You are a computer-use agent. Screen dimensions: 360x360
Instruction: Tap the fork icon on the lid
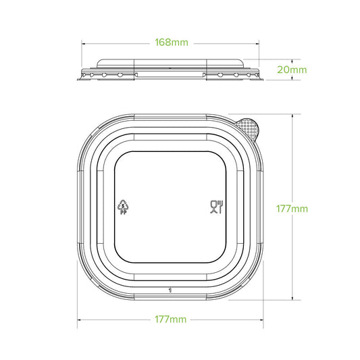tap(219, 206)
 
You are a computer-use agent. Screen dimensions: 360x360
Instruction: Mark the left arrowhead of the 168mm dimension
tap(84, 43)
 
